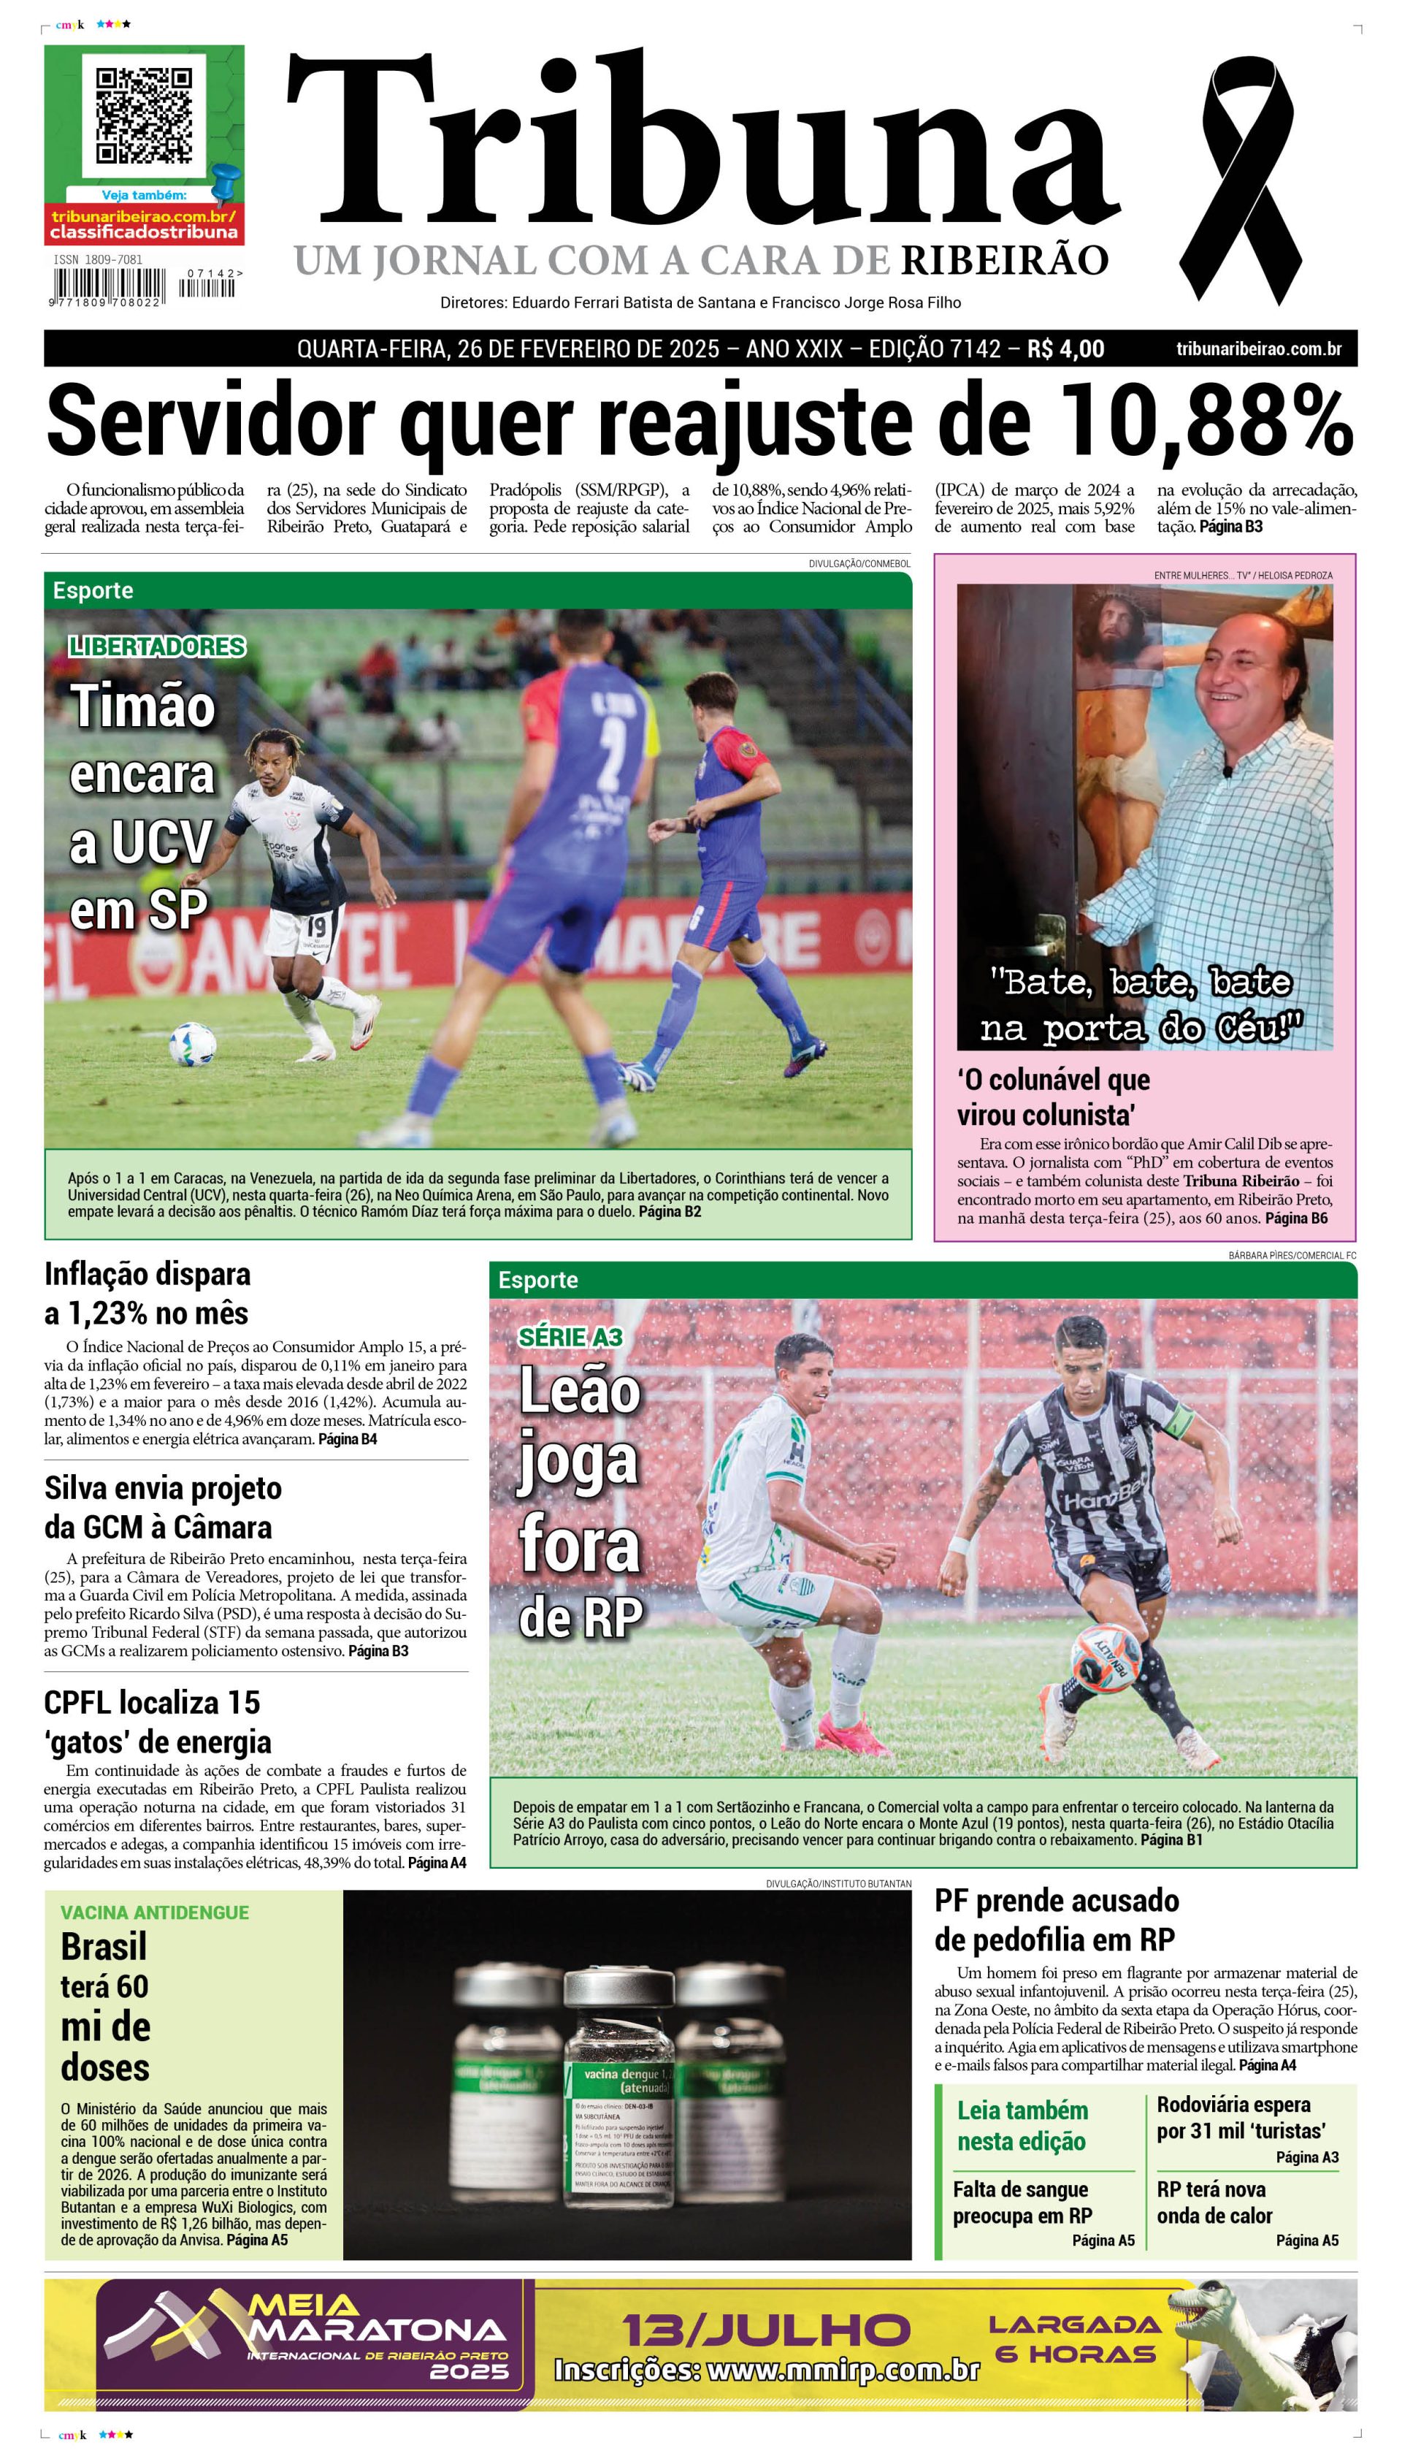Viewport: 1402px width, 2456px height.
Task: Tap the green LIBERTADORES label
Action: (158, 647)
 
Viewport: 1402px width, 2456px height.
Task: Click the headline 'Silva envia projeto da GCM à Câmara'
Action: (163, 1506)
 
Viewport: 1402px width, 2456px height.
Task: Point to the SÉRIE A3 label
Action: (570, 1337)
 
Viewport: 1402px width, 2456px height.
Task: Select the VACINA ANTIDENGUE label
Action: (155, 1912)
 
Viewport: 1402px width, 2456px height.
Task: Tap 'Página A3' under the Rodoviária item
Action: (1306, 2157)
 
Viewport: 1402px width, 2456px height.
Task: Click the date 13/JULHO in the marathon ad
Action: (767, 2330)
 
